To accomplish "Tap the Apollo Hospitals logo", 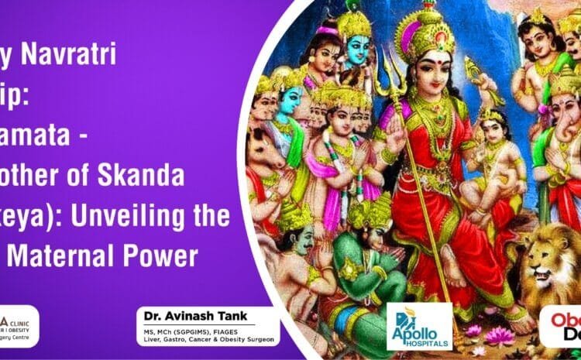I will (418, 326).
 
